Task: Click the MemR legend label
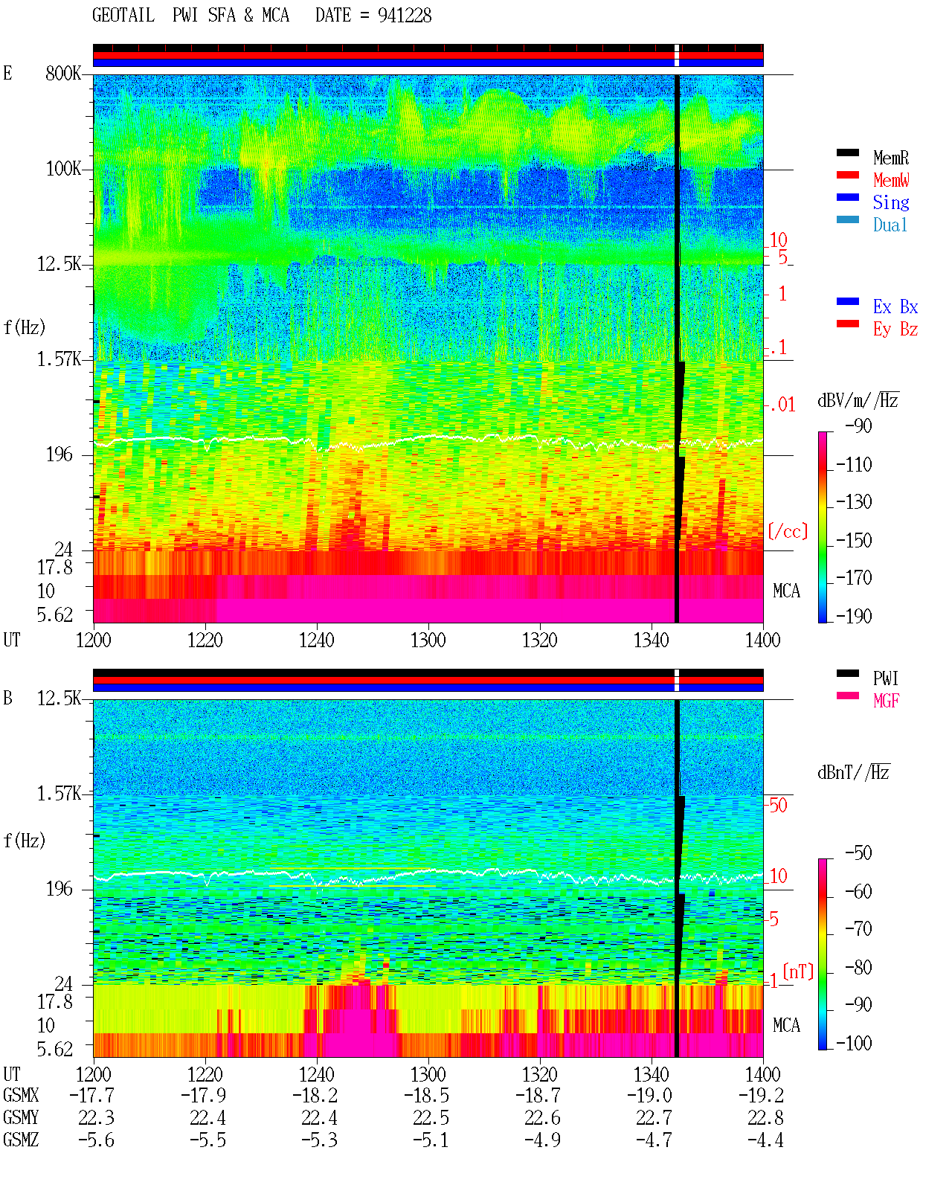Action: tap(890, 158)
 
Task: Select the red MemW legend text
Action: tap(891, 179)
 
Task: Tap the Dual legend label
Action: tap(890, 225)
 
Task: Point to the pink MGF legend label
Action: tap(886, 701)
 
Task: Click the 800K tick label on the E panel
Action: tap(62, 73)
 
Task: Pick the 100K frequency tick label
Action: tap(62, 169)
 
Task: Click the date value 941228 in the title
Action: tap(404, 16)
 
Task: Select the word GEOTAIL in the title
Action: tap(123, 16)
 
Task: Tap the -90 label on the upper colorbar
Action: tap(858, 425)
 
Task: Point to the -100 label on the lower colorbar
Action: tap(853, 1043)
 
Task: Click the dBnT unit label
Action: tap(853, 772)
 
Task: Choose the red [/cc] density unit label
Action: tap(788, 531)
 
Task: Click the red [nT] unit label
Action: tap(798, 972)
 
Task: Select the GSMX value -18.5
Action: tap(426, 1095)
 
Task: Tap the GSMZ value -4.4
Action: tap(765, 1140)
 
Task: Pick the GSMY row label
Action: tap(21, 1117)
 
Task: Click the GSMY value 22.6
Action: tap(541, 1117)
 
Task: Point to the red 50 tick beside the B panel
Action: tap(778, 805)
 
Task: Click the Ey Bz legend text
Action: tap(895, 329)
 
